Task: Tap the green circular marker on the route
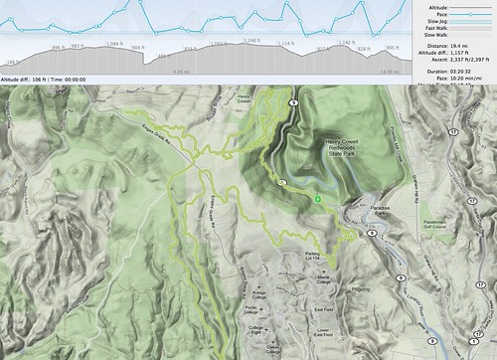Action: [318, 199]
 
